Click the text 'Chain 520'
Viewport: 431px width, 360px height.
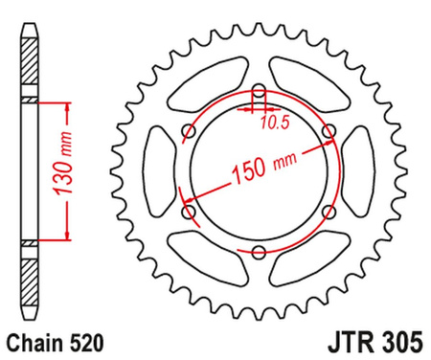coord(52,340)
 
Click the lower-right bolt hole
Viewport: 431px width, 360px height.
coord(329,212)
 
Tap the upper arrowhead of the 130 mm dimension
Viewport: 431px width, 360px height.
coord(67,104)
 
